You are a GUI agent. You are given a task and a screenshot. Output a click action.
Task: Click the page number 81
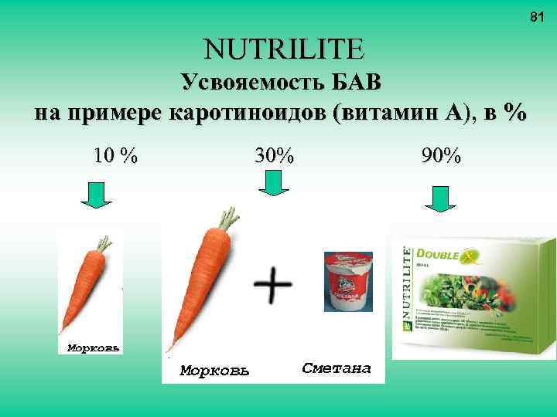[x=535, y=16]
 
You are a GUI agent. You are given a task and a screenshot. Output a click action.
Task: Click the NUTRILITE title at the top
[x=283, y=50]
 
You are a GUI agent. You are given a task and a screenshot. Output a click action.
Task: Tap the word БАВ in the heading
[x=354, y=83]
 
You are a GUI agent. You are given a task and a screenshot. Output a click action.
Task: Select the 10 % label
[x=115, y=155]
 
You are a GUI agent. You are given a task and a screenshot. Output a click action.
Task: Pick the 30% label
[x=275, y=155]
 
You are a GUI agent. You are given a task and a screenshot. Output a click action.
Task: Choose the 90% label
[x=441, y=155]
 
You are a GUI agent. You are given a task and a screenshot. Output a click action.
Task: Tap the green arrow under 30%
[x=272, y=185]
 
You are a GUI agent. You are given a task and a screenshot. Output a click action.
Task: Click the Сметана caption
[x=337, y=368]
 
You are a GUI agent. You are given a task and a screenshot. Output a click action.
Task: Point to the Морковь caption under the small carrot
[x=91, y=347]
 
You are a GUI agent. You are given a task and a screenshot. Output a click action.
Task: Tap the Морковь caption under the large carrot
[x=214, y=371]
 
